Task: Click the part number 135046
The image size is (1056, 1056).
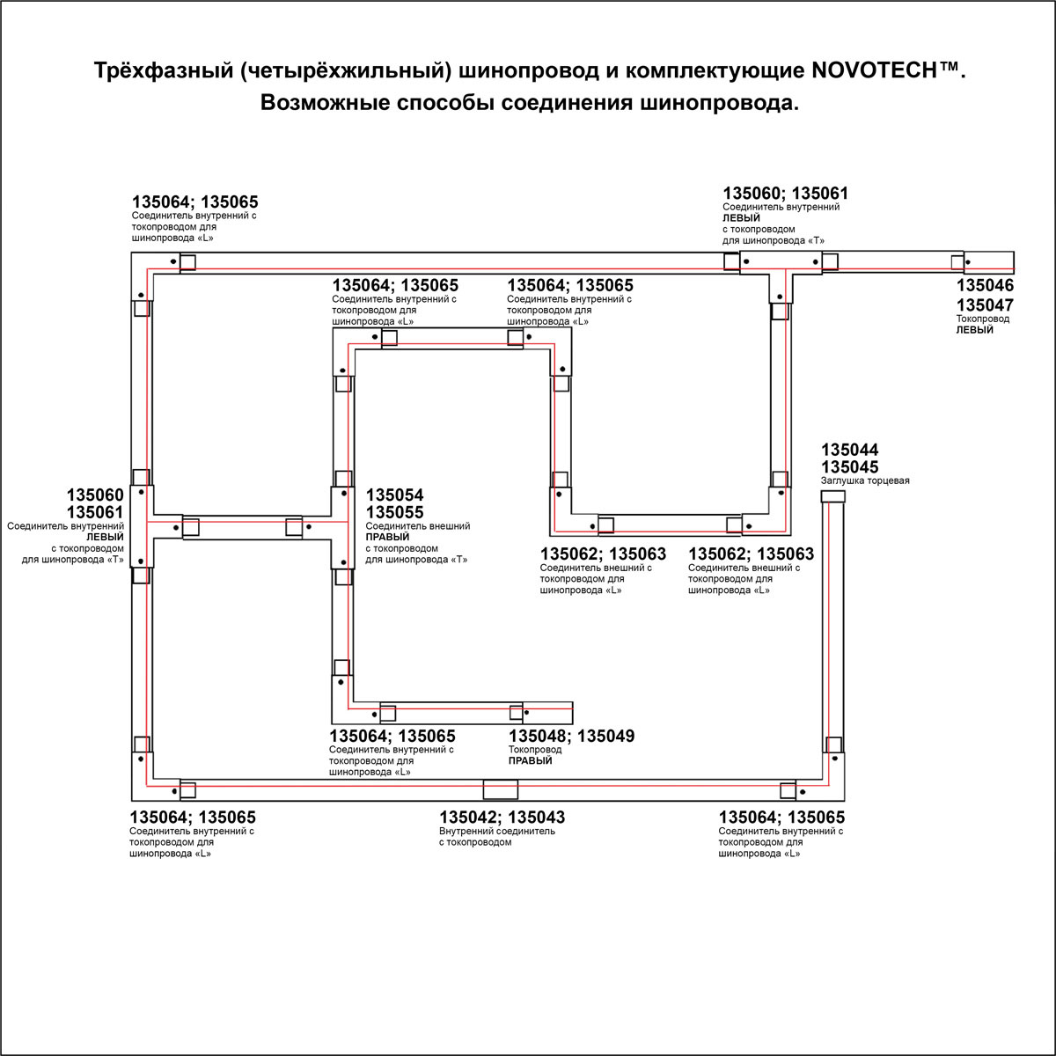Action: coord(985,286)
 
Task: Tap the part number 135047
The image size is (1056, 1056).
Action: coord(985,305)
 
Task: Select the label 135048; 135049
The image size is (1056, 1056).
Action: coord(571,737)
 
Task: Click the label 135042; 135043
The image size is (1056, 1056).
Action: coord(502,818)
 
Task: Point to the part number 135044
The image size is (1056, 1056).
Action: coord(849,450)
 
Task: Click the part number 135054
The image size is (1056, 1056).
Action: coord(394,496)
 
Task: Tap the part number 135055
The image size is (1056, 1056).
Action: coord(394,513)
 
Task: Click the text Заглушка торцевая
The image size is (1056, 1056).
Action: coord(865,481)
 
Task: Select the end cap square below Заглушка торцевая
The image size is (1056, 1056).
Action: coord(832,498)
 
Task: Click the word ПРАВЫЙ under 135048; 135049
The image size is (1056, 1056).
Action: coord(531,761)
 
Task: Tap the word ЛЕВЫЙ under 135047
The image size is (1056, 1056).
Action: coord(975,330)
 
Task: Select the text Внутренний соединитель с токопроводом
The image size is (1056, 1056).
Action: coord(497,837)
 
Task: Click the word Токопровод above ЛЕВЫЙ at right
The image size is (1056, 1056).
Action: coord(983,319)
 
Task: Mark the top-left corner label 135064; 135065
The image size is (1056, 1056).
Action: coord(194,202)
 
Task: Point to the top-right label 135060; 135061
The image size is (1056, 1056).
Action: coord(786,194)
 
